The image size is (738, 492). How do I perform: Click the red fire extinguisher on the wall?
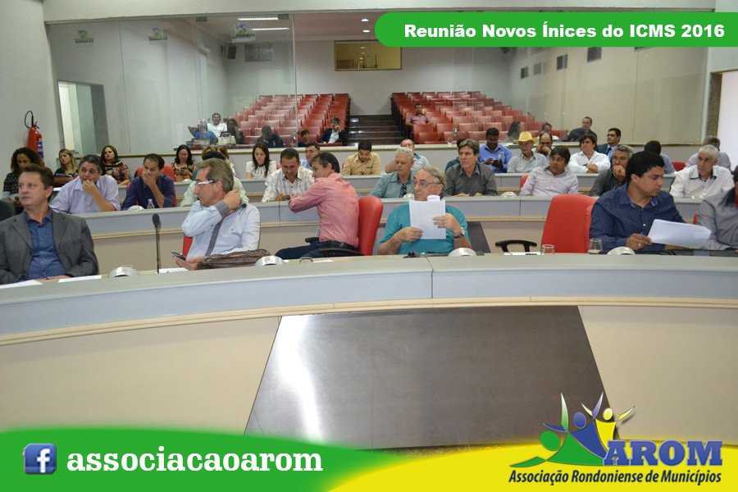coord(34,134)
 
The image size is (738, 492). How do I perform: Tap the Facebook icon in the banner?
coord(39,458)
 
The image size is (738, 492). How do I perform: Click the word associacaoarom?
coord(194,461)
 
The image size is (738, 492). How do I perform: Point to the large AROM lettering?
coord(663,453)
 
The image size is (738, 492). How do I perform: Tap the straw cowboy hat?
coord(526,138)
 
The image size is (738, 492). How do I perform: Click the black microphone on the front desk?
coord(157,243)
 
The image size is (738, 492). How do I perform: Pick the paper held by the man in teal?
coord(427,218)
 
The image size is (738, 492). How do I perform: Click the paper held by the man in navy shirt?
coord(678,234)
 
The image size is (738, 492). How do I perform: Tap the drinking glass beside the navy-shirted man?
coord(595,246)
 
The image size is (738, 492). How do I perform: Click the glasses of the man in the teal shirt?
coord(425,184)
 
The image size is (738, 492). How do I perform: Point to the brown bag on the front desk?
coord(233,258)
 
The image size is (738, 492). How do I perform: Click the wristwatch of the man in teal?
coord(460,233)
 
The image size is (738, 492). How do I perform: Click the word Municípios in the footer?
coord(691,476)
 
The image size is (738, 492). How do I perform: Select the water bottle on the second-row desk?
coord(150,204)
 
